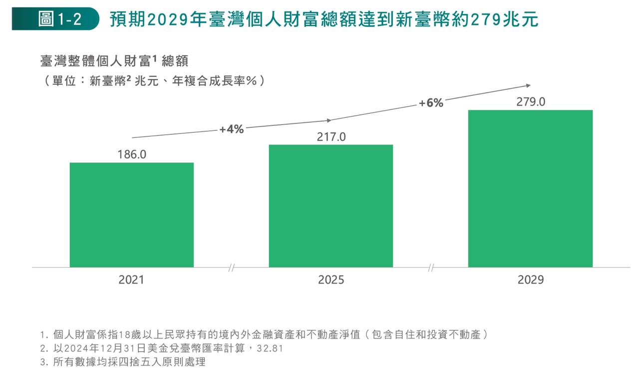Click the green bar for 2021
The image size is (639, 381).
(131, 215)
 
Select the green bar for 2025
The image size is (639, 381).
(330, 206)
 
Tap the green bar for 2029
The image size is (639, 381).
(530, 188)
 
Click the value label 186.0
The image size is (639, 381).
(132, 155)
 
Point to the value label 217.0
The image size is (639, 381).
(331, 137)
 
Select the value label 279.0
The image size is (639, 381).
(531, 102)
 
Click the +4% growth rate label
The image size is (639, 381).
(231, 130)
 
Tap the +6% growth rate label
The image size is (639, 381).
(431, 103)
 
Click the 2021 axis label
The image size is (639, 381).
(131, 280)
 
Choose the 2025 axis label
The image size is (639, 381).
(331, 280)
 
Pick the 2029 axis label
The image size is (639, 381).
(530, 280)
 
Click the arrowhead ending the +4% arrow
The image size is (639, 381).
(328, 120)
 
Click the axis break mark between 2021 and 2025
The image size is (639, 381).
(231, 268)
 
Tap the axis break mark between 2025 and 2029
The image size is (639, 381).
(431, 268)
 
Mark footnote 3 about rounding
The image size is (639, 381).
(123, 363)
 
